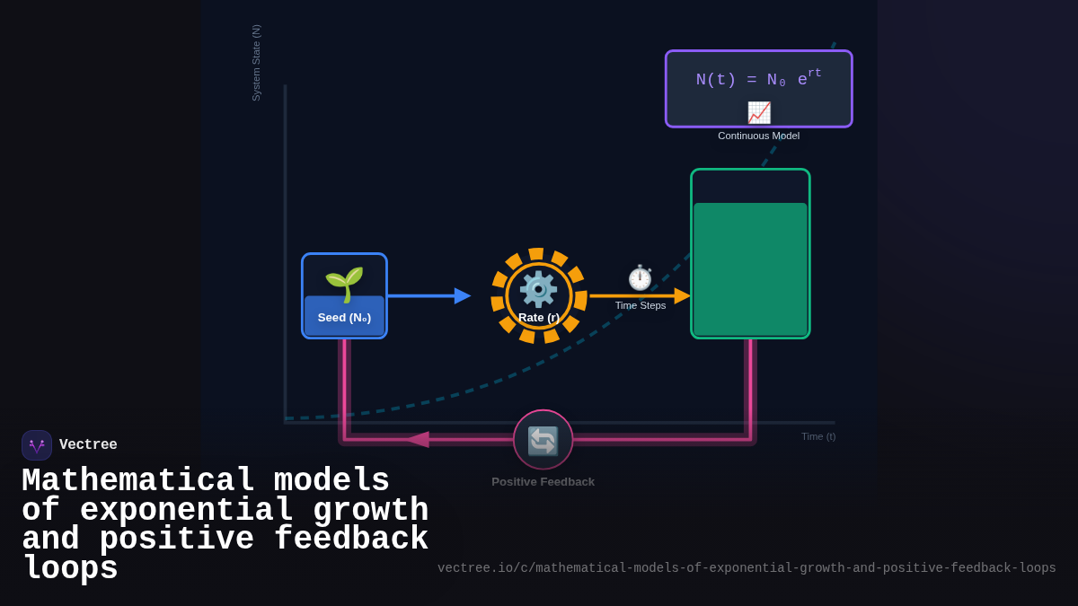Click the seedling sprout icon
[344, 283]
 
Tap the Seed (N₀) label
[344, 318]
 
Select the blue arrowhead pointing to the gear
[462, 295]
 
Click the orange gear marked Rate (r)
[538, 294]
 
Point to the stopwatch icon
[640, 278]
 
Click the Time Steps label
[641, 305]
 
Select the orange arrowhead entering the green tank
[682, 295]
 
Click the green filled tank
[750, 268]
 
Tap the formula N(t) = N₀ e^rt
[758, 79]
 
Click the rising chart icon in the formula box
[759, 112]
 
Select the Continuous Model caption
[758, 136]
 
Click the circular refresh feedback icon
[543, 440]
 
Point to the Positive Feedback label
[543, 482]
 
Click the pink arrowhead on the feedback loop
[417, 439]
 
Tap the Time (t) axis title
[817, 436]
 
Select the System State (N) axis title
[256, 63]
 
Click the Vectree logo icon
[37, 445]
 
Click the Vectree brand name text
[88, 445]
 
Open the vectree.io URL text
[747, 568]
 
